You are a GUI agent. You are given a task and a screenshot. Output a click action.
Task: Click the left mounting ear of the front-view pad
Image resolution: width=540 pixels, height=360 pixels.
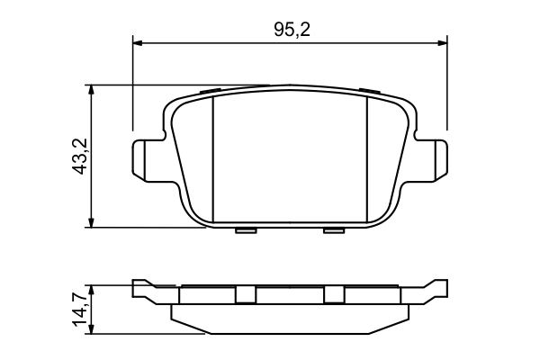click(144, 158)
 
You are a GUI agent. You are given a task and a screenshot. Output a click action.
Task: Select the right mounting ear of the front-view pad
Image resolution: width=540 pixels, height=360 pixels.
click(436, 158)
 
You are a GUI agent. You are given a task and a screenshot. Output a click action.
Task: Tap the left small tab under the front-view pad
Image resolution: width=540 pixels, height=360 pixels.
click(245, 230)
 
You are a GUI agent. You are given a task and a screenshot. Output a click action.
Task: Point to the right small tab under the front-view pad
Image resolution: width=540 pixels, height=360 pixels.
click(334, 230)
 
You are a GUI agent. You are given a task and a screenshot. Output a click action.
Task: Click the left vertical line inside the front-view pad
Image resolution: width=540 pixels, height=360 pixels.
click(211, 157)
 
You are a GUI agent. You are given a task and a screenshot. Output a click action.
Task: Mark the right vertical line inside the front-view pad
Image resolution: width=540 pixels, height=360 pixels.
click(369, 157)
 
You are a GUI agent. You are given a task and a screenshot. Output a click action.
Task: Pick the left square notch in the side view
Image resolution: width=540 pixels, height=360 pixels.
click(245, 294)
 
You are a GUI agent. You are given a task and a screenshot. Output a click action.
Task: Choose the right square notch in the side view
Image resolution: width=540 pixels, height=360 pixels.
click(334, 294)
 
